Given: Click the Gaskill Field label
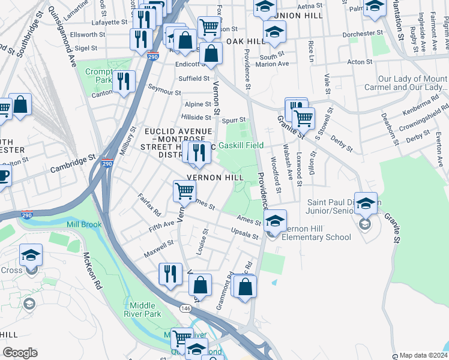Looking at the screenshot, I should point(241,145).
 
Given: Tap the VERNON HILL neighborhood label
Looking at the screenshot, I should point(215,178).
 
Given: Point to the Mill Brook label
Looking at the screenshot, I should point(83,224).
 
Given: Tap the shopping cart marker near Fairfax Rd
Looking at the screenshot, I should point(184,191).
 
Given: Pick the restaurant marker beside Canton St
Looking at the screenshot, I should point(124,82).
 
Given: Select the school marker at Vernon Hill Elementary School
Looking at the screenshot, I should point(275,221).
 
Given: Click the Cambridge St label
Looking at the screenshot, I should point(74,162).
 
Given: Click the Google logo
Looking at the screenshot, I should point(19,353).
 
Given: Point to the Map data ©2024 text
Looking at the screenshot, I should point(423,355).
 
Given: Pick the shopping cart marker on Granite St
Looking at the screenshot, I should point(304,118).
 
